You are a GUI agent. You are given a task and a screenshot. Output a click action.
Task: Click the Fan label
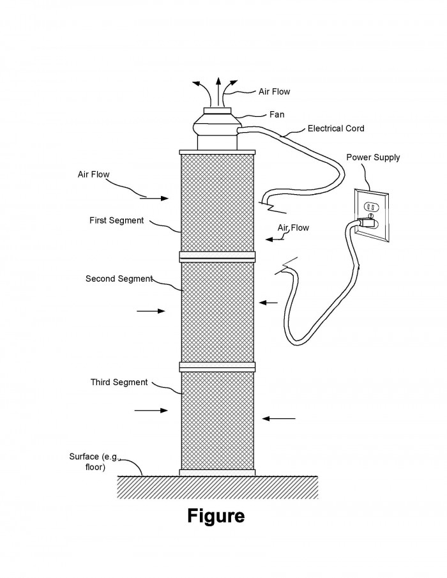tap(277, 114)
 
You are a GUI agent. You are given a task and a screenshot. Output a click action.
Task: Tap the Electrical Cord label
tap(336, 128)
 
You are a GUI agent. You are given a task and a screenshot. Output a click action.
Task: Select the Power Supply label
tap(373, 157)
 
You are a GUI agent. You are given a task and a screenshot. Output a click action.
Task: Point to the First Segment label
tap(116, 220)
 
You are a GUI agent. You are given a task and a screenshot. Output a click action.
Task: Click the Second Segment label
tap(119, 278)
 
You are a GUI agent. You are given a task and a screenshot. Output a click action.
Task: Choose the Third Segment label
tap(119, 383)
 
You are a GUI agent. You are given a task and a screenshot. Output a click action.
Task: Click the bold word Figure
tap(216, 516)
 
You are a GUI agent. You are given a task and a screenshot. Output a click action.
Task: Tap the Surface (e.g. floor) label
tap(95, 462)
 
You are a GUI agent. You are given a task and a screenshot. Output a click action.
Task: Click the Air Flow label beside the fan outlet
tap(274, 92)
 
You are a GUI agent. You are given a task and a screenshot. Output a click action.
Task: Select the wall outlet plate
tap(372, 216)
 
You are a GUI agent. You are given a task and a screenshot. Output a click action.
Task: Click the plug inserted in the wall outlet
tap(367, 222)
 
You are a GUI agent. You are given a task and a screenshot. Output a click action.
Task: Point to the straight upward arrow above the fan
tap(218, 92)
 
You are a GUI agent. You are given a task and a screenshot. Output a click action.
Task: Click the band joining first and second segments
tap(217, 257)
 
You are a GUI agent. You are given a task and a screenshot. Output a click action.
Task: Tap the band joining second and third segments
tap(217, 367)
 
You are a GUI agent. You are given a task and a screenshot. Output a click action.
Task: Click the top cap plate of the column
tap(217, 152)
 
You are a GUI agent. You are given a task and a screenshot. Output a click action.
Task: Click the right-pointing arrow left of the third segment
tap(151, 410)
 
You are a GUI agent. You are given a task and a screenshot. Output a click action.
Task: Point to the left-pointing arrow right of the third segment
tap(278, 419)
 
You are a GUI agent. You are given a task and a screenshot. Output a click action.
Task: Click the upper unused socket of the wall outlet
tap(370, 206)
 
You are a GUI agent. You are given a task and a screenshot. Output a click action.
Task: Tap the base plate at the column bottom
tap(217, 473)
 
